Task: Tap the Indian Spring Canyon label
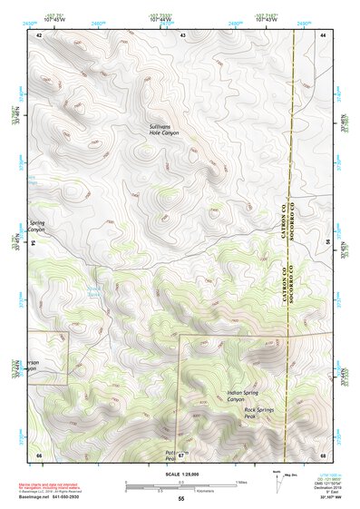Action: pyautogui.click(x=243, y=396)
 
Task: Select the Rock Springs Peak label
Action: pyautogui.click(x=261, y=412)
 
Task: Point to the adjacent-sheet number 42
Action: pyautogui.click(x=39, y=34)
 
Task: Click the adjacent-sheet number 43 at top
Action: pyautogui.click(x=182, y=34)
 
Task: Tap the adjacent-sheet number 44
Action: pyautogui.click(x=323, y=34)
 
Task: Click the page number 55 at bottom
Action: pyautogui.click(x=180, y=499)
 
